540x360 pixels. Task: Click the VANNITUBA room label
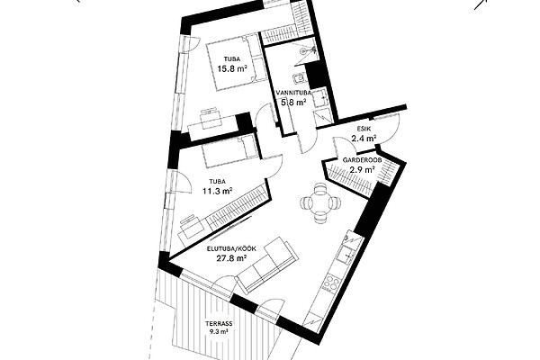293,93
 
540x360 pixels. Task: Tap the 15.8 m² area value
232,68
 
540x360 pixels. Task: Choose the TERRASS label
219,324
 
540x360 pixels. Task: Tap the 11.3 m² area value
217,191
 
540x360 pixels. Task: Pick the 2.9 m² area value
362,169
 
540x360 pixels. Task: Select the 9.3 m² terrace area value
219,332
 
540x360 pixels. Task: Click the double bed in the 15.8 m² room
237,62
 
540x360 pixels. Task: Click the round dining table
320,203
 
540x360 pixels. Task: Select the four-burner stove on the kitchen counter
330,283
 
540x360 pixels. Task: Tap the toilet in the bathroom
300,79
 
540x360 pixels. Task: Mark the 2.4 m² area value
364,139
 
